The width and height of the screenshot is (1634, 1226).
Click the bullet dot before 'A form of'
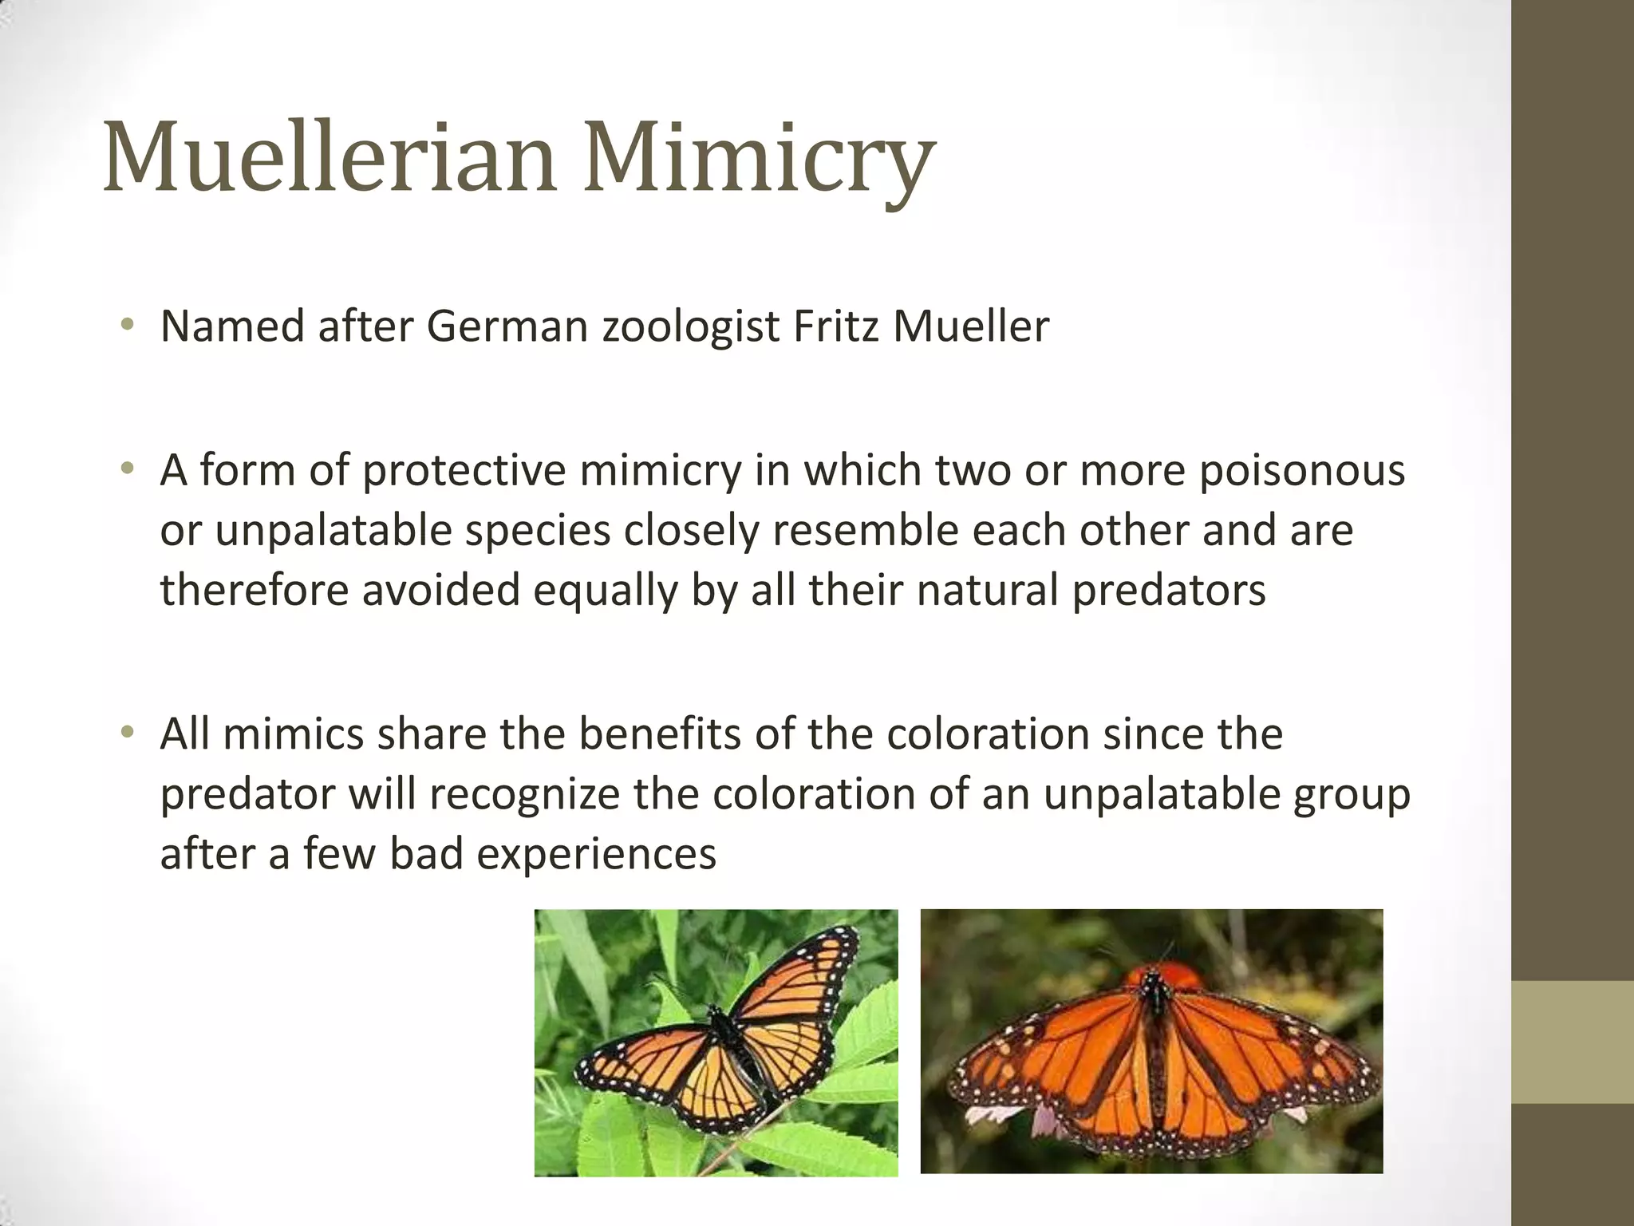click(127, 469)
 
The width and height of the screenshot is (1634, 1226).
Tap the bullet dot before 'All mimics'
click(127, 732)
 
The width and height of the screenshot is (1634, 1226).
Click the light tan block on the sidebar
click(1573, 1042)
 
